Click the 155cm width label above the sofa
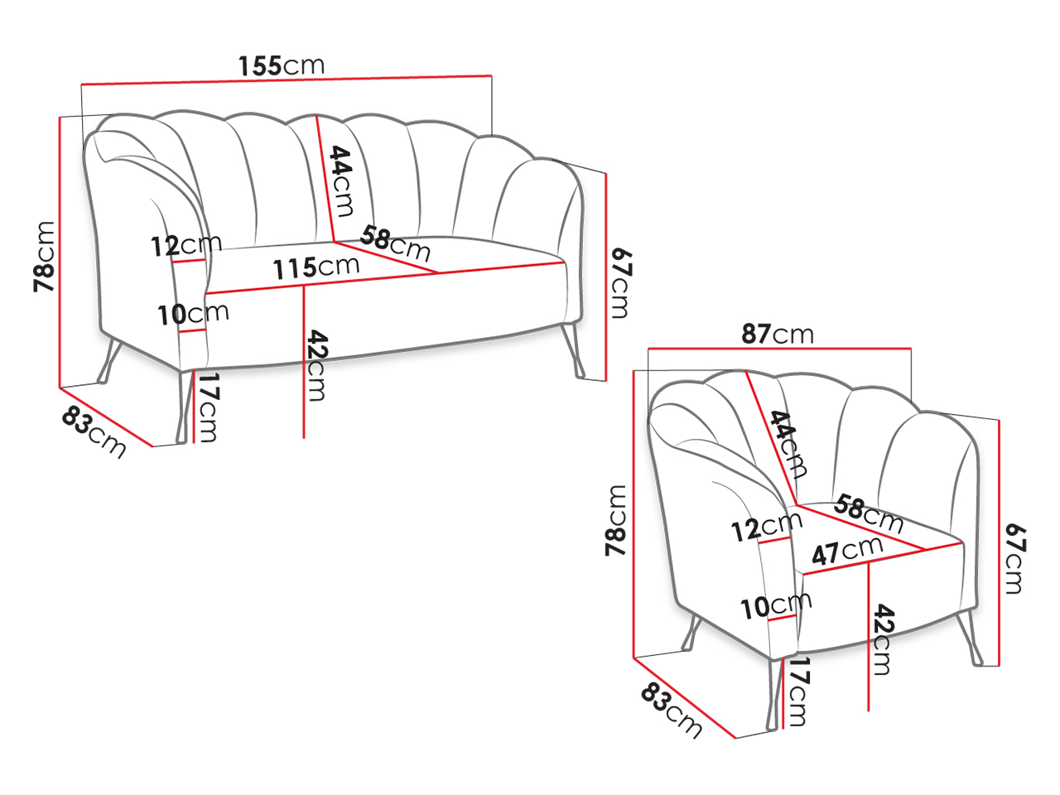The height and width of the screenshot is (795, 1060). tap(282, 65)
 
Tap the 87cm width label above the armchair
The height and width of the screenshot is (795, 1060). tap(778, 334)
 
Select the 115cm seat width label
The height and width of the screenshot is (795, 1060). tap(316, 267)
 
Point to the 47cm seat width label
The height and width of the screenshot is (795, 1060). tap(847, 551)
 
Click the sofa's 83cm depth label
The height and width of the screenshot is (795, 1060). tap(94, 431)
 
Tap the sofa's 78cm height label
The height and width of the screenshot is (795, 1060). tap(44, 257)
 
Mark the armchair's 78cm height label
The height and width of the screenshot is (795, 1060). tap(616, 520)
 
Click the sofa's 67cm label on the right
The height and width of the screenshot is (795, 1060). tap(621, 283)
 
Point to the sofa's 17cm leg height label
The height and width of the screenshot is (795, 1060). tap(209, 407)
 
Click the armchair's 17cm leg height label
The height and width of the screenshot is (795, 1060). tap(797, 691)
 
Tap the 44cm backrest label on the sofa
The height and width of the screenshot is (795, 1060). tap(341, 181)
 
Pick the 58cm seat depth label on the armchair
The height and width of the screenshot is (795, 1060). tap(868, 513)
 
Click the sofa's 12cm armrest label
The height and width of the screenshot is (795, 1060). tap(186, 245)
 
